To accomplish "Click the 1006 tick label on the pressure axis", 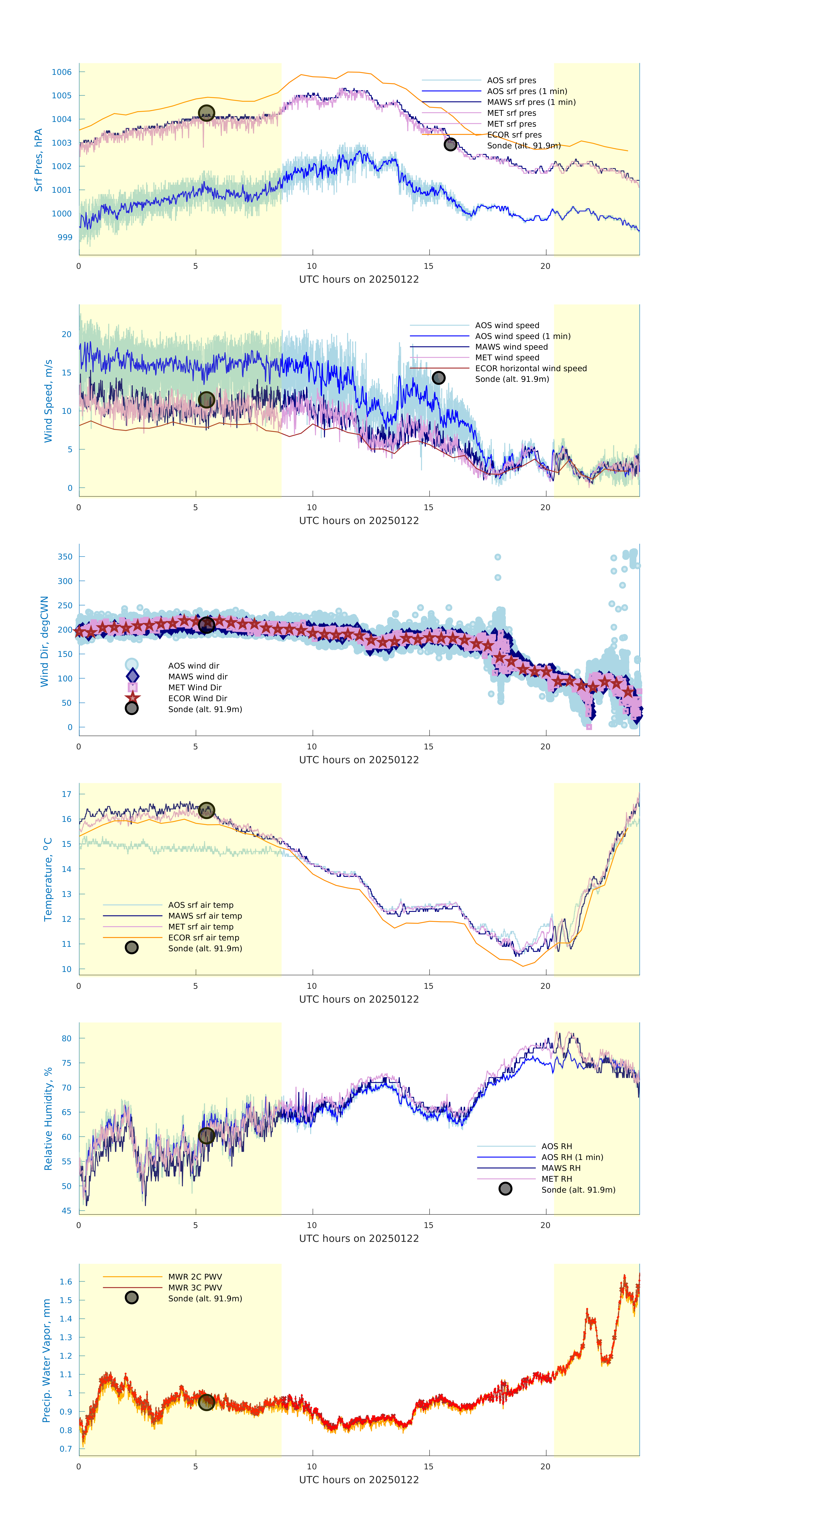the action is [61, 72].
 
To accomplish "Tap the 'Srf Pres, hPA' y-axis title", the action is [38, 160].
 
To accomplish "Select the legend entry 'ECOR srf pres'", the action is [514, 135].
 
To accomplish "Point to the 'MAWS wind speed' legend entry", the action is [511, 347].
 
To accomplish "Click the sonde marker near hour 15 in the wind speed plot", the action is [438, 377].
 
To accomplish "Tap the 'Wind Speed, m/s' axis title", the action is [48, 401].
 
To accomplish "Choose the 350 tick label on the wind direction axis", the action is [65, 557].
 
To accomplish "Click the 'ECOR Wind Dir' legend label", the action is [198, 698].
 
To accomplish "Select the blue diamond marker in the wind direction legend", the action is [132, 676].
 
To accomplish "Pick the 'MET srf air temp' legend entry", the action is [201, 926].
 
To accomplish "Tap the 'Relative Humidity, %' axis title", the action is [48, 1119].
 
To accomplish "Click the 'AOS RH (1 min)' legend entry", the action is [572, 1157].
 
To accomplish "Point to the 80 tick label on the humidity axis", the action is [67, 1038].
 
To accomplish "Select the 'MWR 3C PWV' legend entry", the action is [195, 1287].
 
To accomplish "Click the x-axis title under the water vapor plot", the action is [359, 1480].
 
